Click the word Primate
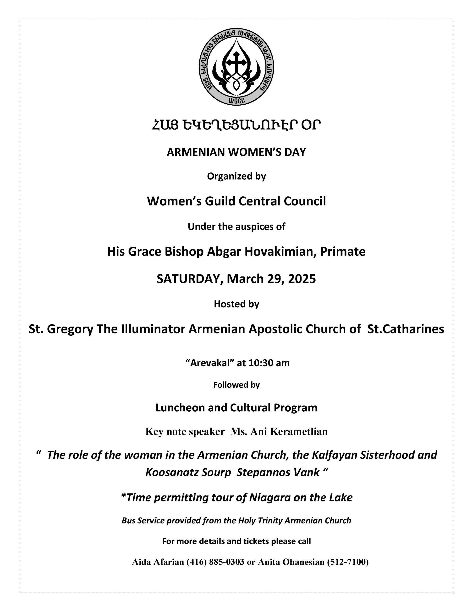click(343, 251)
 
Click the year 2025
click(302, 279)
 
